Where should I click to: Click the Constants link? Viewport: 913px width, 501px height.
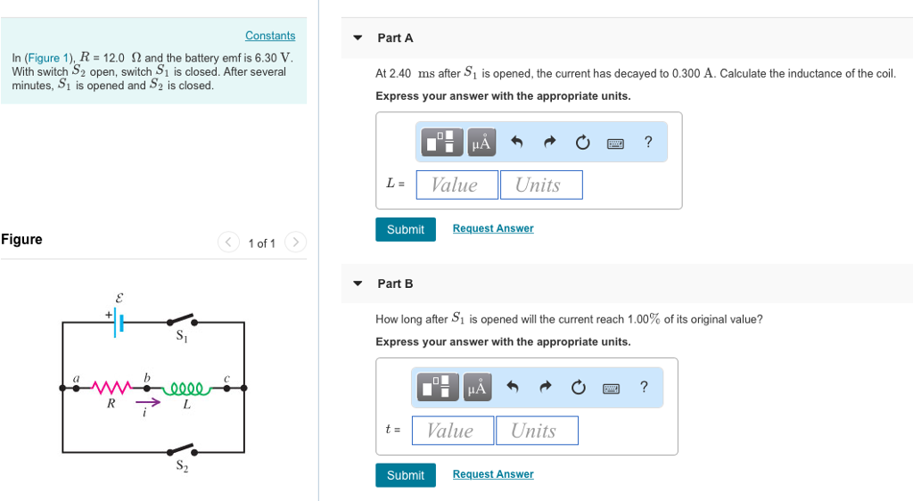coord(270,36)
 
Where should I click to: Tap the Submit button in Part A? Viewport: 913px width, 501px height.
coord(406,229)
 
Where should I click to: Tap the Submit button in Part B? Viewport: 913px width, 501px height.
coord(406,475)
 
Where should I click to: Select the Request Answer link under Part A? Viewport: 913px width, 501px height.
coord(493,229)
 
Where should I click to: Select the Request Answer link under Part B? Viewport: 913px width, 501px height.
coord(493,474)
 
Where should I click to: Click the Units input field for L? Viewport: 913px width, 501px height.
coord(540,185)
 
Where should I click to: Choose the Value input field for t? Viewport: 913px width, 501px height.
coord(452,431)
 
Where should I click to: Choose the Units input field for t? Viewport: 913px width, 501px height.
coord(536,431)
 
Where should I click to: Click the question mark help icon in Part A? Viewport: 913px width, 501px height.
coord(648,142)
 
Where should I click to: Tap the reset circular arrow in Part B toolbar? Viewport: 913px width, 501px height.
coord(578,387)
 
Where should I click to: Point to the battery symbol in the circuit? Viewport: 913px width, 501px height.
coord(119,323)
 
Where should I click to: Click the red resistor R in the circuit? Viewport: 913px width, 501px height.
coord(111,388)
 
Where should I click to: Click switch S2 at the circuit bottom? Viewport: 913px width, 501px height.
coord(182,449)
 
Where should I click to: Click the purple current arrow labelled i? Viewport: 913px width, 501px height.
coord(148,402)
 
